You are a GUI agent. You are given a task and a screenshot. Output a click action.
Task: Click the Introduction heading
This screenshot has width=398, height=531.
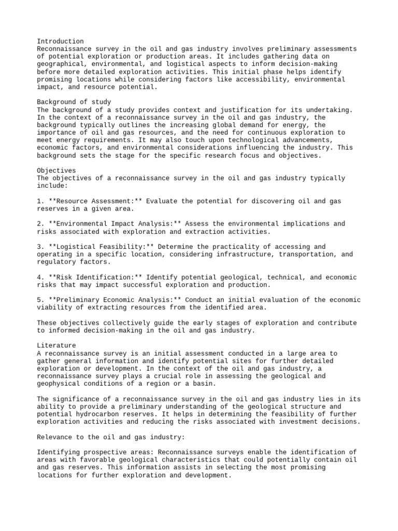click(x=60, y=41)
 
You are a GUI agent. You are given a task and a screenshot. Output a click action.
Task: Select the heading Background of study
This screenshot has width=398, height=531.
click(x=74, y=102)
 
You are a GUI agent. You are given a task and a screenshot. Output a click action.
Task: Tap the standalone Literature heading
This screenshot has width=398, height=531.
click(x=56, y=345)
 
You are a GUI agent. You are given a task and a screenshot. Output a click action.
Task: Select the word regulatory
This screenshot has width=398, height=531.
click(x=56, y=262)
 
